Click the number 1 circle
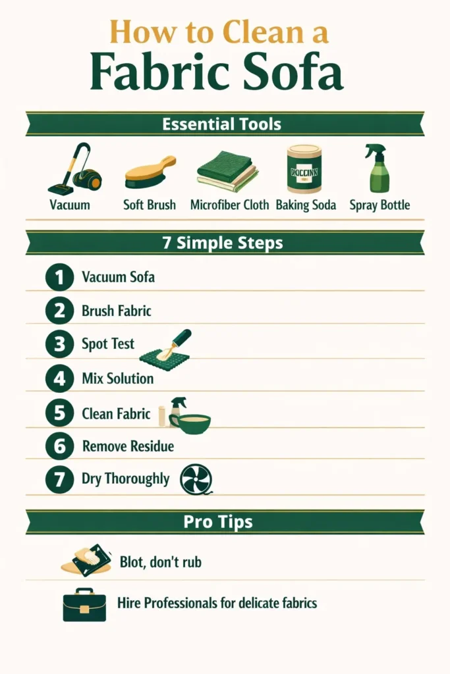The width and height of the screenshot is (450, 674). tap(59, 277)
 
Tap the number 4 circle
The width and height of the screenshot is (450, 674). tap(59, 378)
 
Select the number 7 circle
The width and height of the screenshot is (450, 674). tap(59, 479)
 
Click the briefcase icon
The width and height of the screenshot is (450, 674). tap(84, 604)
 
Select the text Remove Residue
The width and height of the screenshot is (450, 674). tap(128, 446)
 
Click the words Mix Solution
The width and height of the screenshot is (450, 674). tap(117, 378)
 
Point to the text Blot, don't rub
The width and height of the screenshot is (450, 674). tap(160, 562)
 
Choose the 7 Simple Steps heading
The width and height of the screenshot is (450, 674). tap(222, 242)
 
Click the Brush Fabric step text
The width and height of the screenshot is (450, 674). tap(116, 310)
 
